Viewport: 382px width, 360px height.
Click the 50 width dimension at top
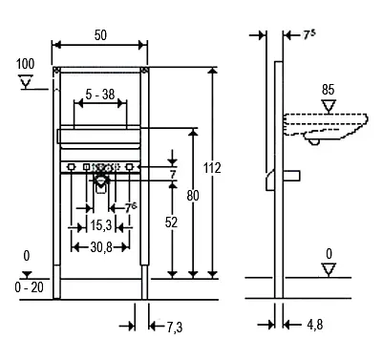[100, 35]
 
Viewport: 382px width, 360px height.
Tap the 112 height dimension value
[212, 168]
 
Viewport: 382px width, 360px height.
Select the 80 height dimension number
[193, 196]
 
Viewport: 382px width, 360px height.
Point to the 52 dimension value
[171, 222]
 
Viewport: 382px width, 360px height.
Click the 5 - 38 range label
[100, 95]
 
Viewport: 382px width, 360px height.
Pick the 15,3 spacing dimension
[101, 225]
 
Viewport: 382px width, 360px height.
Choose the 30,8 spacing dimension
[101, 247]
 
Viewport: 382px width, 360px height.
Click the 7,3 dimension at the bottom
[175, 328]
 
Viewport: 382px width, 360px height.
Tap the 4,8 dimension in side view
[315, 325]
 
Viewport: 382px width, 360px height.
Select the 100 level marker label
[26, 64]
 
